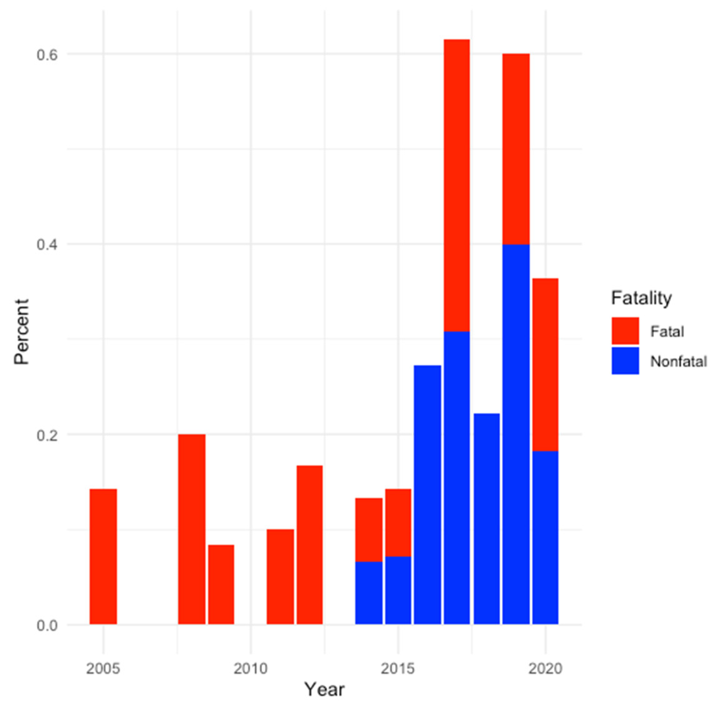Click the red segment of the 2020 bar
click(545, 364)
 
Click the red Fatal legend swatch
click(625, 331)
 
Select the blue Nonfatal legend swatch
click(625, 361)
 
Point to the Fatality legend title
click(641, 298)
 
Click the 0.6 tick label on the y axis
click(47, 55)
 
